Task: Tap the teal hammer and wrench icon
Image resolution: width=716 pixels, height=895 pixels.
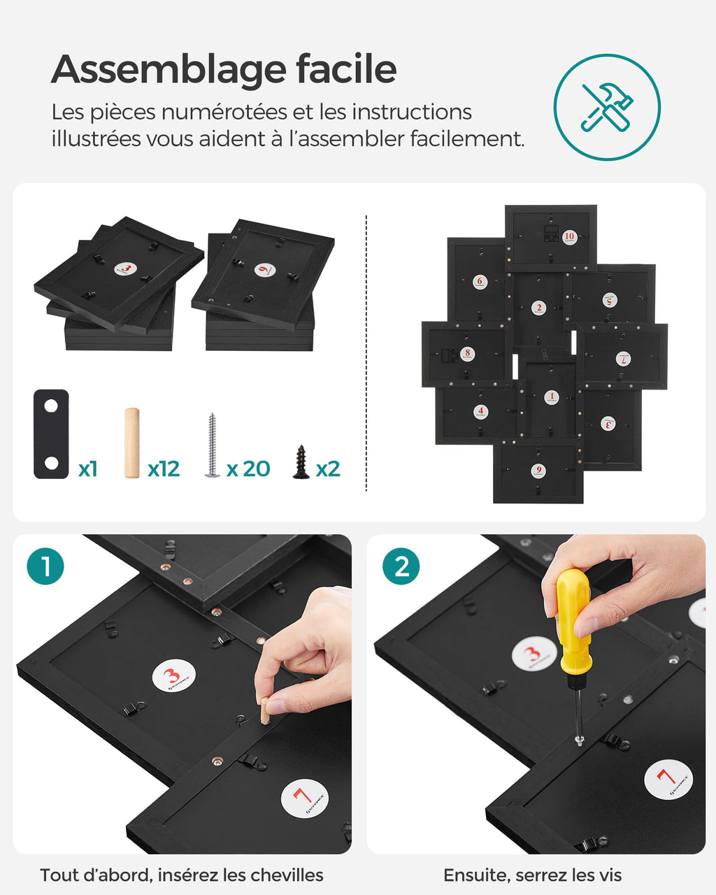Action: click(606, 107)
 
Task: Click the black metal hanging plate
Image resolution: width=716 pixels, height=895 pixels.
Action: click(51, 434)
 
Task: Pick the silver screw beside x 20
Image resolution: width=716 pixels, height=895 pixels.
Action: click(212, 445)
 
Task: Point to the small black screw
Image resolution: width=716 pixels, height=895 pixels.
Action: click(301, 462)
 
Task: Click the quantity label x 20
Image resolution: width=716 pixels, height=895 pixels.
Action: click(248, 468)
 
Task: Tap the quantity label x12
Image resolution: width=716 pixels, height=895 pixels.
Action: click(164, 468)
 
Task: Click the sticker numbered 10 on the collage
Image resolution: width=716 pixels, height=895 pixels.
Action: click(569, 236)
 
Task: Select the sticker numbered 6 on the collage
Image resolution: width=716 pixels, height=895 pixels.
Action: click(479, 281)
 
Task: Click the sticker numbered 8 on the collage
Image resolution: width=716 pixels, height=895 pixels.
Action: click(468, 353)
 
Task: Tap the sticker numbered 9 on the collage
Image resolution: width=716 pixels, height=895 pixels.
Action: click(537, 470)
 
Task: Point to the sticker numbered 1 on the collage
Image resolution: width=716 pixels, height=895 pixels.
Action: click(552, 397)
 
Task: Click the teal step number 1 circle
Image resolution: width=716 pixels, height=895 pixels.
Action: click(45, 566)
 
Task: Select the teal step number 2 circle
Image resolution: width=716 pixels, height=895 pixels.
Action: click(401, 566)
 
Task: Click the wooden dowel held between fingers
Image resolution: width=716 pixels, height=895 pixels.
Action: click(265, 710)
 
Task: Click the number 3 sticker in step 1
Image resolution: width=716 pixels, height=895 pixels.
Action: click(173, 676)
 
